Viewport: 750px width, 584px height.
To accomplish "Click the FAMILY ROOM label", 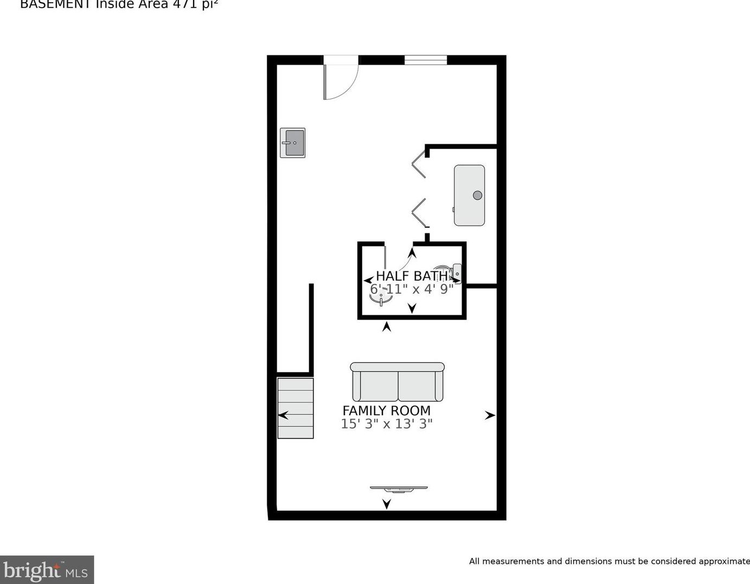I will pos(386,411).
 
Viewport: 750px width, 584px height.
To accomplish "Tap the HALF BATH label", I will pos(412,276).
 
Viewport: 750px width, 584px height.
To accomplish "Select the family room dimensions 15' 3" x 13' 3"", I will pos(386,424).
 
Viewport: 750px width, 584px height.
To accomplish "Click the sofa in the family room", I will pos(398,382).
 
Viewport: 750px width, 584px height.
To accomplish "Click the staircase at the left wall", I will pos(296,408).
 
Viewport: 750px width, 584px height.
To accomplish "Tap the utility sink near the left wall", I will pos(293,143).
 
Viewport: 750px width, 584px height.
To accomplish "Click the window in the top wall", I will pos(426,60).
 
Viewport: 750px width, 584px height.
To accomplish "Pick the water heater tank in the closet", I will pos(469,195).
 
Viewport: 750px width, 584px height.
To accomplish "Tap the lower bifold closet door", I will pos(419,213).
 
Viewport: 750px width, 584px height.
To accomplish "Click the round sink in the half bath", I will pos(381,298).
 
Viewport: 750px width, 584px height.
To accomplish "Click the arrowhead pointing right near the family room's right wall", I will pos(490,415).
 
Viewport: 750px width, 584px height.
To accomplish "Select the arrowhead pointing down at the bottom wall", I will pos(387,504).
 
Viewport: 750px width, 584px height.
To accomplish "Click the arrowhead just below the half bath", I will pos(387,327).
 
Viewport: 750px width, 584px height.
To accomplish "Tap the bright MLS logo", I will pos(47,570).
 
